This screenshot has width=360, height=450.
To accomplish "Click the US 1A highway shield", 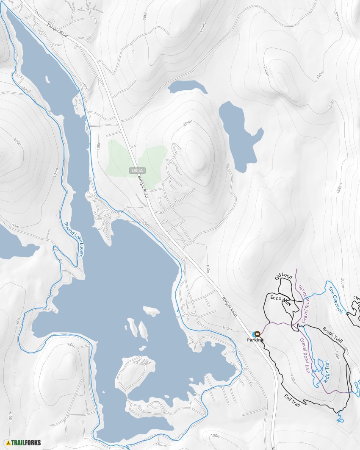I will coord(138,170).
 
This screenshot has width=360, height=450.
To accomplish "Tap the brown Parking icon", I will coord(257,334).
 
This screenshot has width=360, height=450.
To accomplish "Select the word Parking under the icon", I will coord(255,340).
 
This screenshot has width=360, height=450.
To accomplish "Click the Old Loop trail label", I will coord(284,277).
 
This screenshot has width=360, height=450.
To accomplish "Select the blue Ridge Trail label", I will coord(326,371).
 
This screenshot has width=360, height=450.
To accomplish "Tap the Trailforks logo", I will coord(23,443).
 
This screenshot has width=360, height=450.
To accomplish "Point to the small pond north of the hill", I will coord(187,86).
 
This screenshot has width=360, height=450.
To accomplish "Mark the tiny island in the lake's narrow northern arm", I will coord(47,79).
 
